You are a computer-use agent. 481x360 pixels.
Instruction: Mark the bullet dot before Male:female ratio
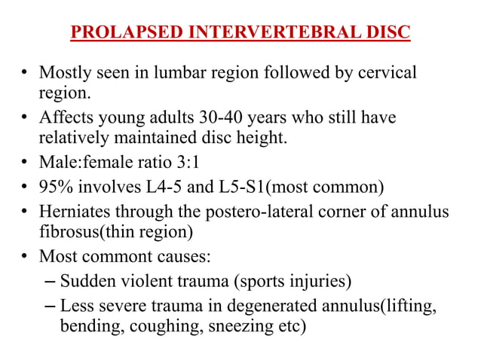point(25,163)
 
